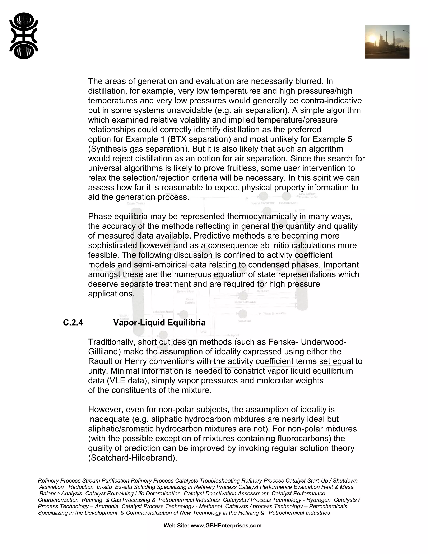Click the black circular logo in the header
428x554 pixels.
[24, 36]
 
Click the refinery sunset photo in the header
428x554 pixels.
[387, 42]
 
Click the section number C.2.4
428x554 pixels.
[73, 323]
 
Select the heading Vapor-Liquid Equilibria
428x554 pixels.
[159, 323]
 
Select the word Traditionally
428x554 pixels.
[112, 342]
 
